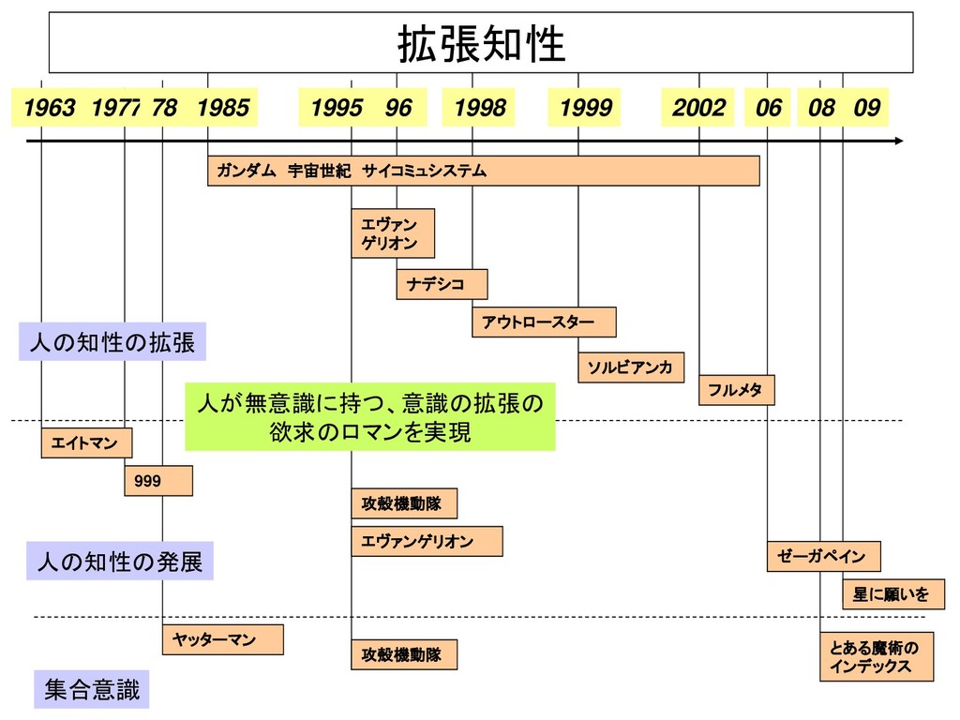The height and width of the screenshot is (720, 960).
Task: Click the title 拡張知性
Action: click(481, 43)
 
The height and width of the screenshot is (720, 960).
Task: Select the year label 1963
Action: click(49, 109)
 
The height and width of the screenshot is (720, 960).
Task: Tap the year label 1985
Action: click(224, 109)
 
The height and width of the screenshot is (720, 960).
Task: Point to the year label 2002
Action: click(698, 109)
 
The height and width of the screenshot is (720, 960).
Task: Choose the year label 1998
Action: click(479, 109)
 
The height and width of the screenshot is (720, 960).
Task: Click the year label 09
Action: click(866, 109)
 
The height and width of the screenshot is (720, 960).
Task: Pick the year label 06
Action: click(768, 109)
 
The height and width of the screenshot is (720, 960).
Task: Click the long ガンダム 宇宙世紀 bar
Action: click(483, 171)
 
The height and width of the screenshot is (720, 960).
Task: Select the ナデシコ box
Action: click(442, 284)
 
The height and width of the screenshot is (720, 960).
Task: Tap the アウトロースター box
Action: click(544, 322)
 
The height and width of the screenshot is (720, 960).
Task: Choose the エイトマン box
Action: click(86, 443)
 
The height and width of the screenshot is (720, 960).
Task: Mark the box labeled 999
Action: click(158, 481)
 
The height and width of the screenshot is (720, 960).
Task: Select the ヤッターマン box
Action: click(222, 639)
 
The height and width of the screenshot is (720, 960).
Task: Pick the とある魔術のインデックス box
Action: click(877, 656)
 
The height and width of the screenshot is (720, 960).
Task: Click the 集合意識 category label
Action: click(92, 692)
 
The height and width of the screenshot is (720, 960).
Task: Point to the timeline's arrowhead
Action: click(899, 141)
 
